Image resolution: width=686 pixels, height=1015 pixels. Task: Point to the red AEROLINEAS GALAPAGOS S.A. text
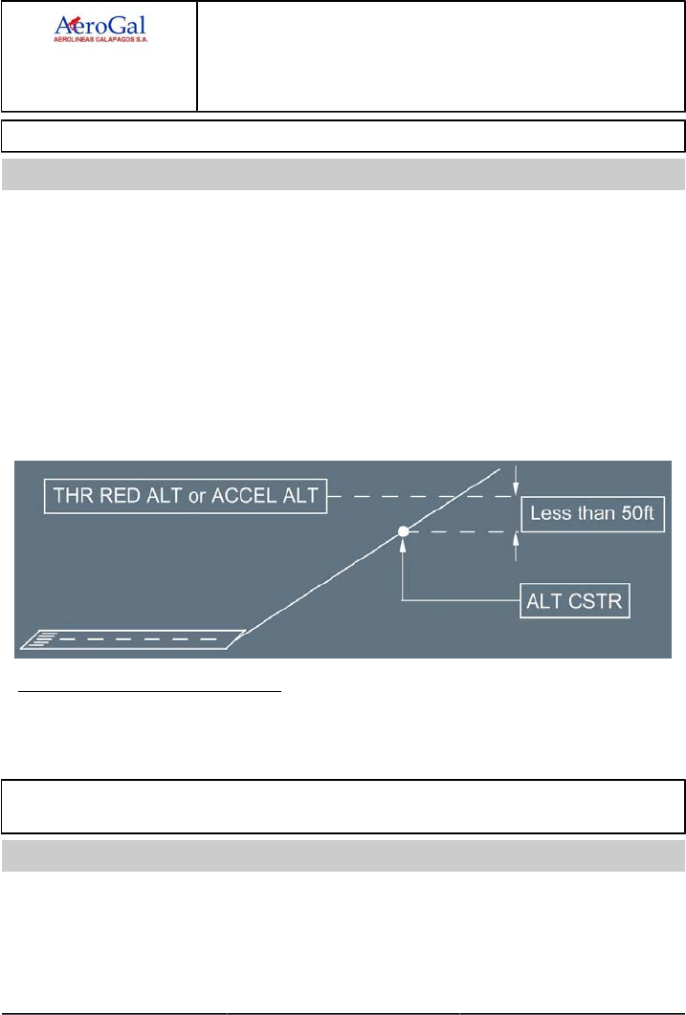pyautogui.click(x=104, y=41)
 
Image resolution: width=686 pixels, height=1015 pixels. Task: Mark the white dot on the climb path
pyautogui.click(x=404, y=531)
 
